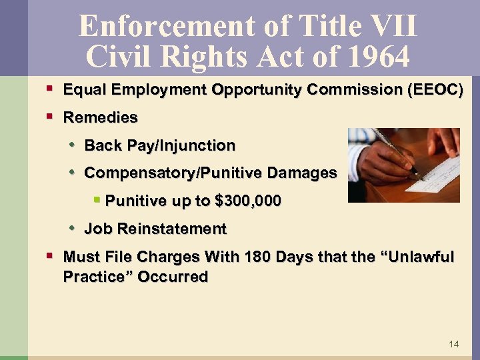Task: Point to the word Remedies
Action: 100,118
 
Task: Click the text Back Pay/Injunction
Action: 160,145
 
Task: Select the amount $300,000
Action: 245,201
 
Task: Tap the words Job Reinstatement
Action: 155,229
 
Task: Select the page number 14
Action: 454,344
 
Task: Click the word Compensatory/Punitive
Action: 173,173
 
